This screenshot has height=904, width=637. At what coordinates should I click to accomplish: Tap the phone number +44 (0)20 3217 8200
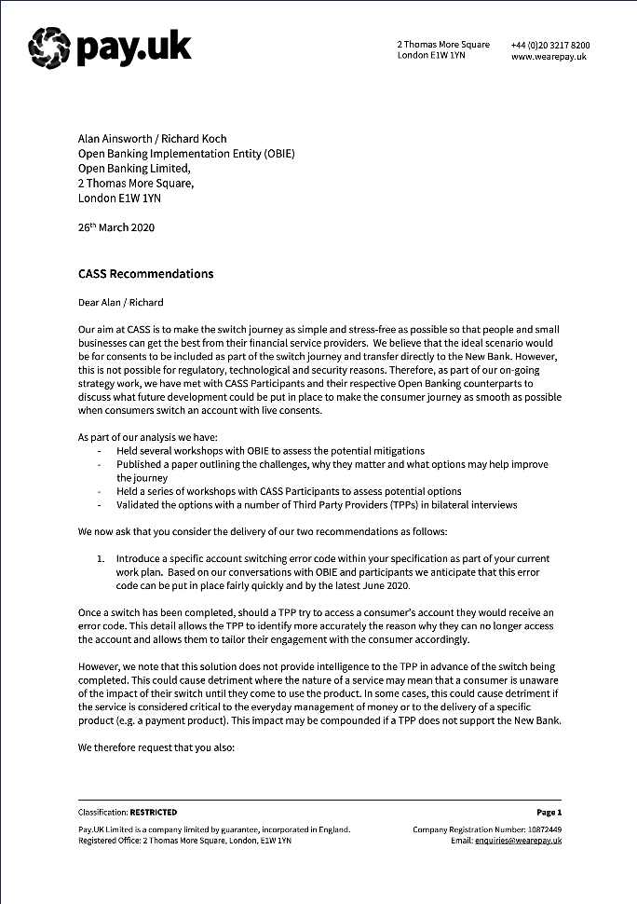pos(549,45)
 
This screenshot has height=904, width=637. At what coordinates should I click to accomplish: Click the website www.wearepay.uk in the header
pos(549,56)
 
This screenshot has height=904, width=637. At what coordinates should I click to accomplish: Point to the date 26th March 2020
pos(116,227)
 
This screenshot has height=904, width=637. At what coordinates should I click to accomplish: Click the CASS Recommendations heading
pos(146,274)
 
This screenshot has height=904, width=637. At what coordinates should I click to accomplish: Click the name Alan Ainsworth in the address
pos(115,138)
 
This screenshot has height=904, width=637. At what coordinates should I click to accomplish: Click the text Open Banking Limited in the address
pos(133,169)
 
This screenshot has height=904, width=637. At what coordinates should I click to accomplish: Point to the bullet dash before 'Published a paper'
pos(100,465)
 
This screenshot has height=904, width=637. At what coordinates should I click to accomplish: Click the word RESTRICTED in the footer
pos(153,813)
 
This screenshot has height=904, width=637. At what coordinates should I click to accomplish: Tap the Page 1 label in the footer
pos(549,813)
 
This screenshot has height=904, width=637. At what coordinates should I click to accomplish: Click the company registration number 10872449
pos(542,829)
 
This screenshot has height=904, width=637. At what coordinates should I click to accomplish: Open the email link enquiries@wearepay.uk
pos(520,841)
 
